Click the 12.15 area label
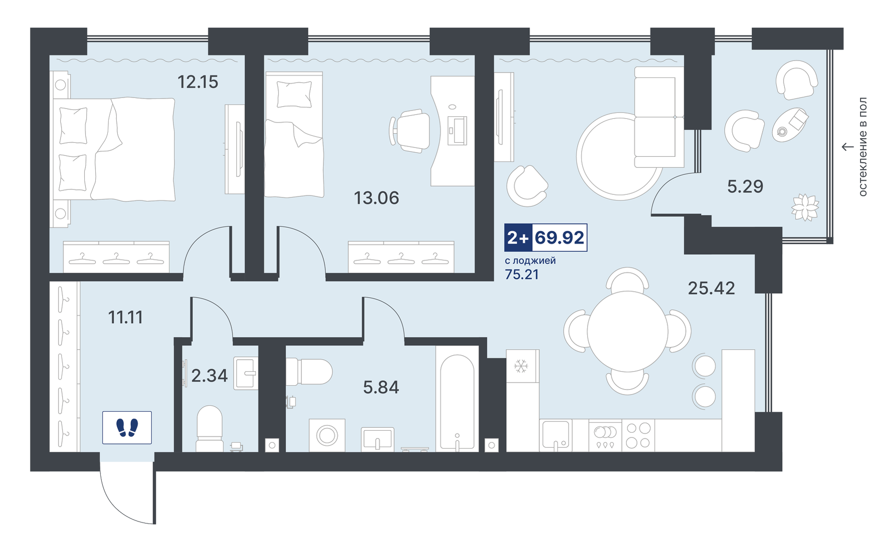(x=198, y=81)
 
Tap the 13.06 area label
(x=376, y=198)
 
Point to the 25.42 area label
(x=711, y=288)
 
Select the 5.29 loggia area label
(x=745, y=186)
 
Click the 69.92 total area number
(x=559, y=237)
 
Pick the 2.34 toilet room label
(x=209, y=375)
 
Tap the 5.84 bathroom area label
(x=381, y=387)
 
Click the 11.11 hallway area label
(x=125, y=317)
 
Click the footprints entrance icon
(x=127, y=428)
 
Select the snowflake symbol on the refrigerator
(x=521, y=366)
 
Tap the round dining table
(x=627, y=331)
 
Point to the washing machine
(x=327, y=435)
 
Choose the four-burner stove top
(x=639, y=435)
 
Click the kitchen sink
(x=556, y=435)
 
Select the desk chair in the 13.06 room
(x=410, y=131)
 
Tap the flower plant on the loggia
(x=805, y=207)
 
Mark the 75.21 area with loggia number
(x=522, y=274)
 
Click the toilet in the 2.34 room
(x=210, y=428)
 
